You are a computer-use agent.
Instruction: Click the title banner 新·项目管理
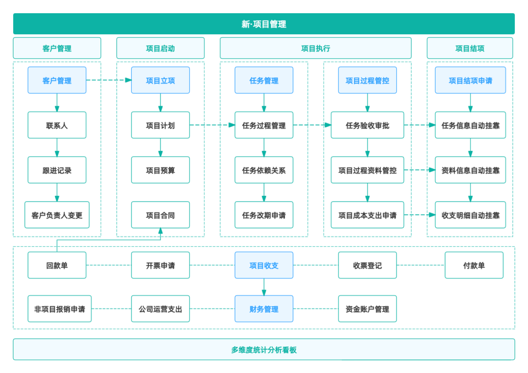tap(264, 24)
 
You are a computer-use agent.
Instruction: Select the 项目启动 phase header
tap(160, 48)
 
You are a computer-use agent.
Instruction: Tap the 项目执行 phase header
tap(315, 48)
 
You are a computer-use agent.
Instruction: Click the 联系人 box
tap(57, 125)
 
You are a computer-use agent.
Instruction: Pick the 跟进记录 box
tap(57, 170)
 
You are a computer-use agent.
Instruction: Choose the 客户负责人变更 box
tap(57, 215)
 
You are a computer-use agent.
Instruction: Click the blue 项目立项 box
tap(160, 80)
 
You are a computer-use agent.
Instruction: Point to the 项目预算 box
tap(160, 170)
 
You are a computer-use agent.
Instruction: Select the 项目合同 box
tap(160, 215)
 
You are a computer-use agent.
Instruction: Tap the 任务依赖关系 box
tap(264, 170)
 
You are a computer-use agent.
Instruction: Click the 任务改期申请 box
tap(264, 215)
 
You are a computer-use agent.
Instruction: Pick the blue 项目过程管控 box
tap(367, 80)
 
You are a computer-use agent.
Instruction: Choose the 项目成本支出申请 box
tap(367, 215)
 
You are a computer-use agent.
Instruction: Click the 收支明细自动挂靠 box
tap(470, 215)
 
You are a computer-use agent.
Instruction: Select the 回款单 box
tap(57, 265)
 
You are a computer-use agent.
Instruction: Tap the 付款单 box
tap(474, 265)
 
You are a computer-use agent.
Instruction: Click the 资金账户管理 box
tap(367, 308)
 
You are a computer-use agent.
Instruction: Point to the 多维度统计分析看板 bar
tap(264, 350)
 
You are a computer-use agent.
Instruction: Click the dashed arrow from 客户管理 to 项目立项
tap(109, 80)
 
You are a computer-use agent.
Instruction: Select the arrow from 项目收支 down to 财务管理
tap(264, 287)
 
